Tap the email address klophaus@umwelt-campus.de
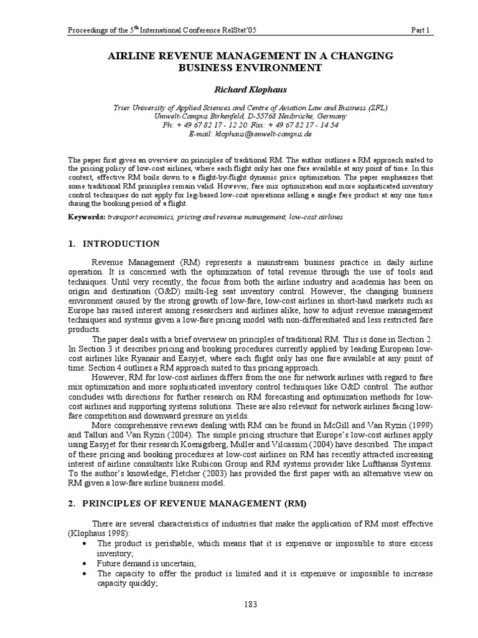262,133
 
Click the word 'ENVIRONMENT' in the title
267,67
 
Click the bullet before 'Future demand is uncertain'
83,562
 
